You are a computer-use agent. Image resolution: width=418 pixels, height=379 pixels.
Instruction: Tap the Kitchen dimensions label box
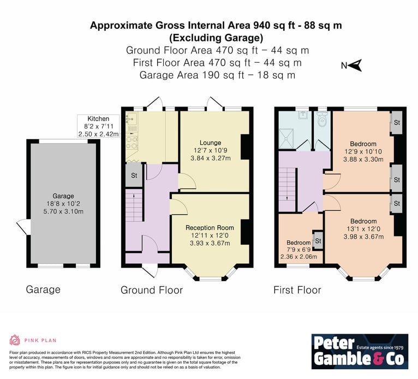(x=98, y=126)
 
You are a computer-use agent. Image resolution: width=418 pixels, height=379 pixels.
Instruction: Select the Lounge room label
(x=210, y=143)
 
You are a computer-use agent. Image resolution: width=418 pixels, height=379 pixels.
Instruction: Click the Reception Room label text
(x=210, y=228)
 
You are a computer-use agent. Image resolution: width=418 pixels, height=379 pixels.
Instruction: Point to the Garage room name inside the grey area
(x=63, y=196)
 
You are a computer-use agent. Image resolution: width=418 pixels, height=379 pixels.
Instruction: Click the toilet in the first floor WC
(x=323, y=120)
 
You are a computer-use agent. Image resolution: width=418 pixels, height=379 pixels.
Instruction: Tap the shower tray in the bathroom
(x=286, y=138)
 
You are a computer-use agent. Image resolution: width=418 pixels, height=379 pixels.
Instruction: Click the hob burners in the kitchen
(x=132, y=143)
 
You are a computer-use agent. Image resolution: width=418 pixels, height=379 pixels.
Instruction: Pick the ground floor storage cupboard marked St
(x=134, y=175)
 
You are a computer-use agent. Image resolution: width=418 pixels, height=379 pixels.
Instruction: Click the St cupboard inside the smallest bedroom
(x=318, y=241)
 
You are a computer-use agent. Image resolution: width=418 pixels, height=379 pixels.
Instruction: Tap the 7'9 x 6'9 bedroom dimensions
(x=298, y=250)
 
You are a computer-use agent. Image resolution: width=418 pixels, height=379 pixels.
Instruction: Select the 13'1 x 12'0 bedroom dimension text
(x=363, y=229)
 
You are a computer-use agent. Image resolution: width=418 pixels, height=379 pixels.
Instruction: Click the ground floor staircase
(x=134, y=205)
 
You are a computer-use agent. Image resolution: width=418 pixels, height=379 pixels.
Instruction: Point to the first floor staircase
(x=287, y=189)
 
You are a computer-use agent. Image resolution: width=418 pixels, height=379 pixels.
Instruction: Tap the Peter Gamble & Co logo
(x=360, y=351)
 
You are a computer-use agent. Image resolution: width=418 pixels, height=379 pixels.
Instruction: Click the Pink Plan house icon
(x=15, y=340)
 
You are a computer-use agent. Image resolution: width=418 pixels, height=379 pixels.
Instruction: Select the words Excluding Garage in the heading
(x=216, y=38)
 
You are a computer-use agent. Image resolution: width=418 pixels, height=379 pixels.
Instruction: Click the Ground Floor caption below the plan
(x=152, y=290)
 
